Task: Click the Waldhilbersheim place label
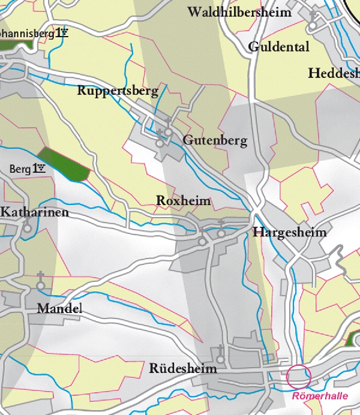point(239,12)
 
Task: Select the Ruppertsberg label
point(118,91)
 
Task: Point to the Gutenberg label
point(215,141)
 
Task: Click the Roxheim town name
point(184,200)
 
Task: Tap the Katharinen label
point(35,212)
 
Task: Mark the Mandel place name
point(59,309)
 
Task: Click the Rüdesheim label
point(182,368)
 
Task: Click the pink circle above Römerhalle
point(299,376)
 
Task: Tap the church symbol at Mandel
point(41,281)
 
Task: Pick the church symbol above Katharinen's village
point(27,225)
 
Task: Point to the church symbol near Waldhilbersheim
point(313,20)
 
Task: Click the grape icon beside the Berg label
point(40,169)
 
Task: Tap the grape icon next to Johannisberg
point(63,33)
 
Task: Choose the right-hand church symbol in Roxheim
point(221,228)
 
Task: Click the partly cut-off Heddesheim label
point(334,73)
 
